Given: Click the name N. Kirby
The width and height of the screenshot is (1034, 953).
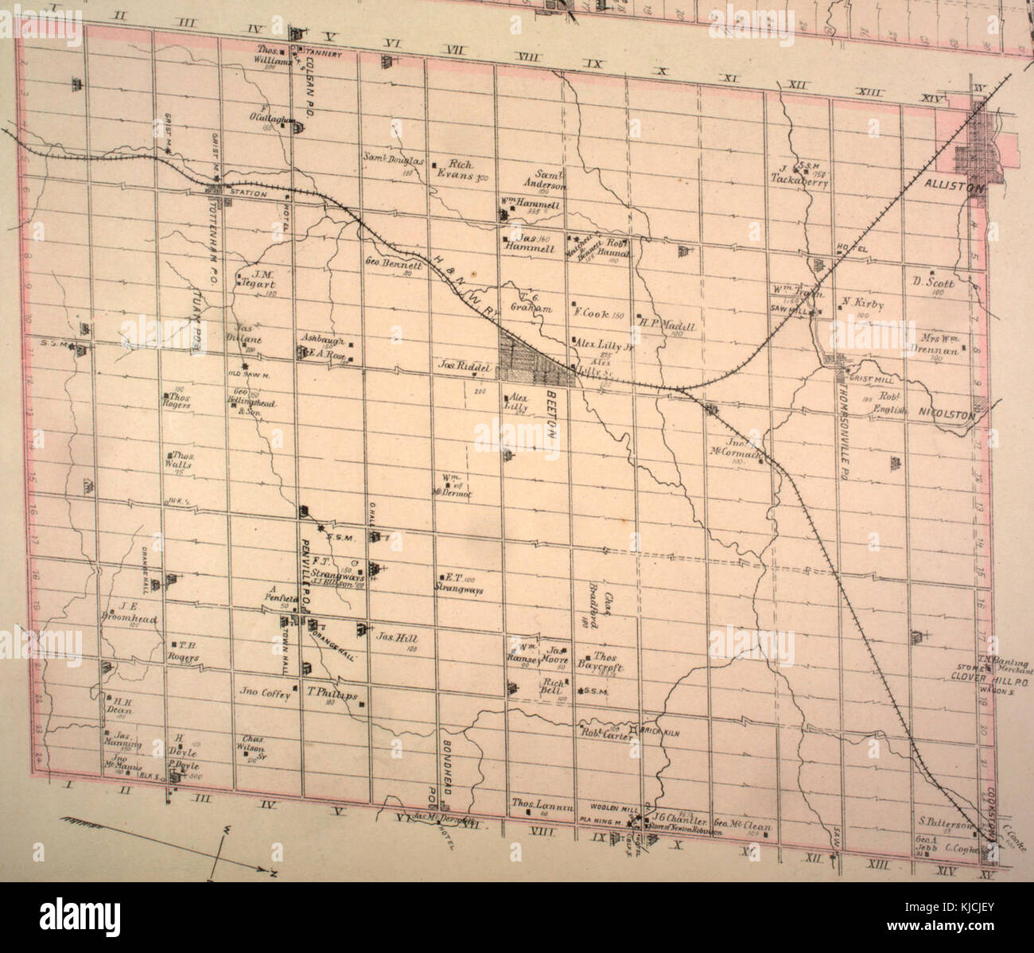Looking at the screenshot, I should (x=861, y=303).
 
